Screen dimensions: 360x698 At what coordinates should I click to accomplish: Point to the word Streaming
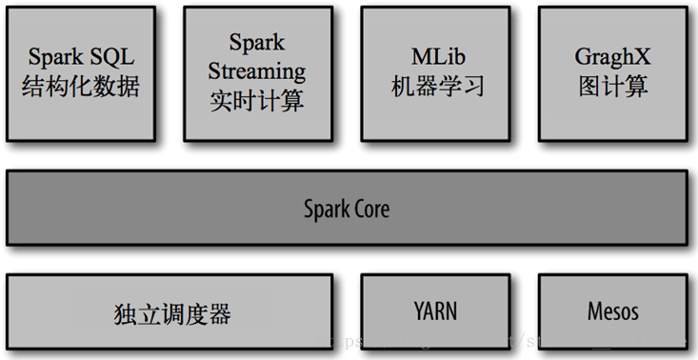pos(257,70)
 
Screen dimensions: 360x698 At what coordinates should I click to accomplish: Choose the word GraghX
pos(612,56)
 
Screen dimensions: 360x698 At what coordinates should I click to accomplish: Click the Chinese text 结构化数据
pos(81,87)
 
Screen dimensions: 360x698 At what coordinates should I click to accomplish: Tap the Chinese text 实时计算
pos(257,100)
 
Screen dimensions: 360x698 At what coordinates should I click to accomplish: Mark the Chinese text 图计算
pos(612,87)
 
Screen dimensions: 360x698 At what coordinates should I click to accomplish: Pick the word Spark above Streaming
pos(257,42)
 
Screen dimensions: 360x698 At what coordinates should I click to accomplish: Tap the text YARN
pos(435,310)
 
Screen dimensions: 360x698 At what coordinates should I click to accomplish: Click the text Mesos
pos(612,310)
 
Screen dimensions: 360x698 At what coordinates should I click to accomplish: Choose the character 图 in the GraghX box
pos(589,87)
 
